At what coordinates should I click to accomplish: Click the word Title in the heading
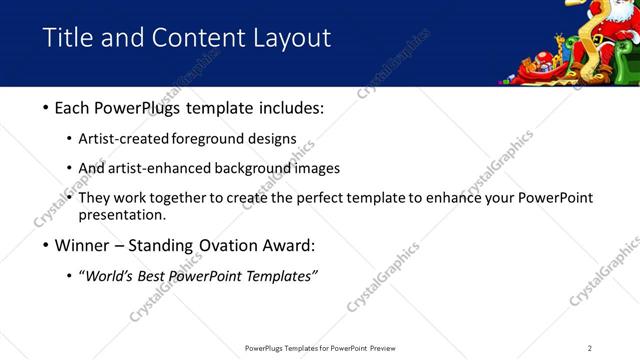click(67, 38)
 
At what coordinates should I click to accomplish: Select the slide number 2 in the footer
click(589, 348)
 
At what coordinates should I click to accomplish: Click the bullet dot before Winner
click(46, 246)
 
